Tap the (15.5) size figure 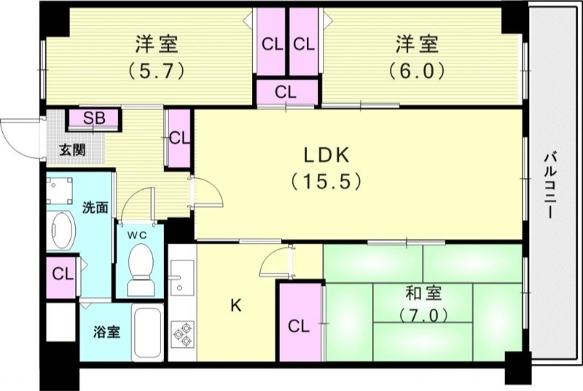(x=326, y=181)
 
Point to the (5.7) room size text (x=156, y=71)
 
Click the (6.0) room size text (x=417, y=71)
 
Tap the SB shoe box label (x=93, y=119)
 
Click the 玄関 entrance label (x=72, y=151)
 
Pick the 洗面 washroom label (x=95, y=207)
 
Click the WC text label (x=139, y=234)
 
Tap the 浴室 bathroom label (x=107, y=332)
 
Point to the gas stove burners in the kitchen (x=182, y=334)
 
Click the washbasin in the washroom (x=60, y=231)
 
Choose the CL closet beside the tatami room (x=299, y=325)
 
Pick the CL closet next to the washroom (x=63, y=275)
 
